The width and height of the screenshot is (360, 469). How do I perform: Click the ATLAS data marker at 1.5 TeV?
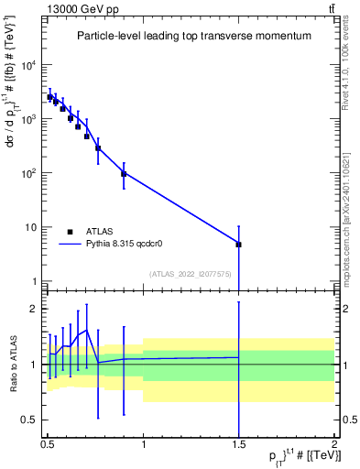[238, 245]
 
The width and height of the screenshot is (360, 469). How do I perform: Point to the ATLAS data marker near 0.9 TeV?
[124, 173]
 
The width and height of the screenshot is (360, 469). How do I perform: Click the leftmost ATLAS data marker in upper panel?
[50, 97]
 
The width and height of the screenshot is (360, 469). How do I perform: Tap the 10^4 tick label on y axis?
[29, 65]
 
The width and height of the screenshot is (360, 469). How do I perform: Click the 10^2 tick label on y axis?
[29, 173]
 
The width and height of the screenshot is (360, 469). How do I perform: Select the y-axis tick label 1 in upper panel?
[34, 281]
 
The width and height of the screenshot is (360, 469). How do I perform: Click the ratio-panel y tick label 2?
[34, 309]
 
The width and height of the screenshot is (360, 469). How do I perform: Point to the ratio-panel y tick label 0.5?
[29, 420]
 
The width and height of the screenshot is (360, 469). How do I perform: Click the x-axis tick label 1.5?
[238, 444]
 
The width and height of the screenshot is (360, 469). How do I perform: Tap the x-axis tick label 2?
[334, 444]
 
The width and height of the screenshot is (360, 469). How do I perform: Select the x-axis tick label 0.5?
[47, 444]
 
